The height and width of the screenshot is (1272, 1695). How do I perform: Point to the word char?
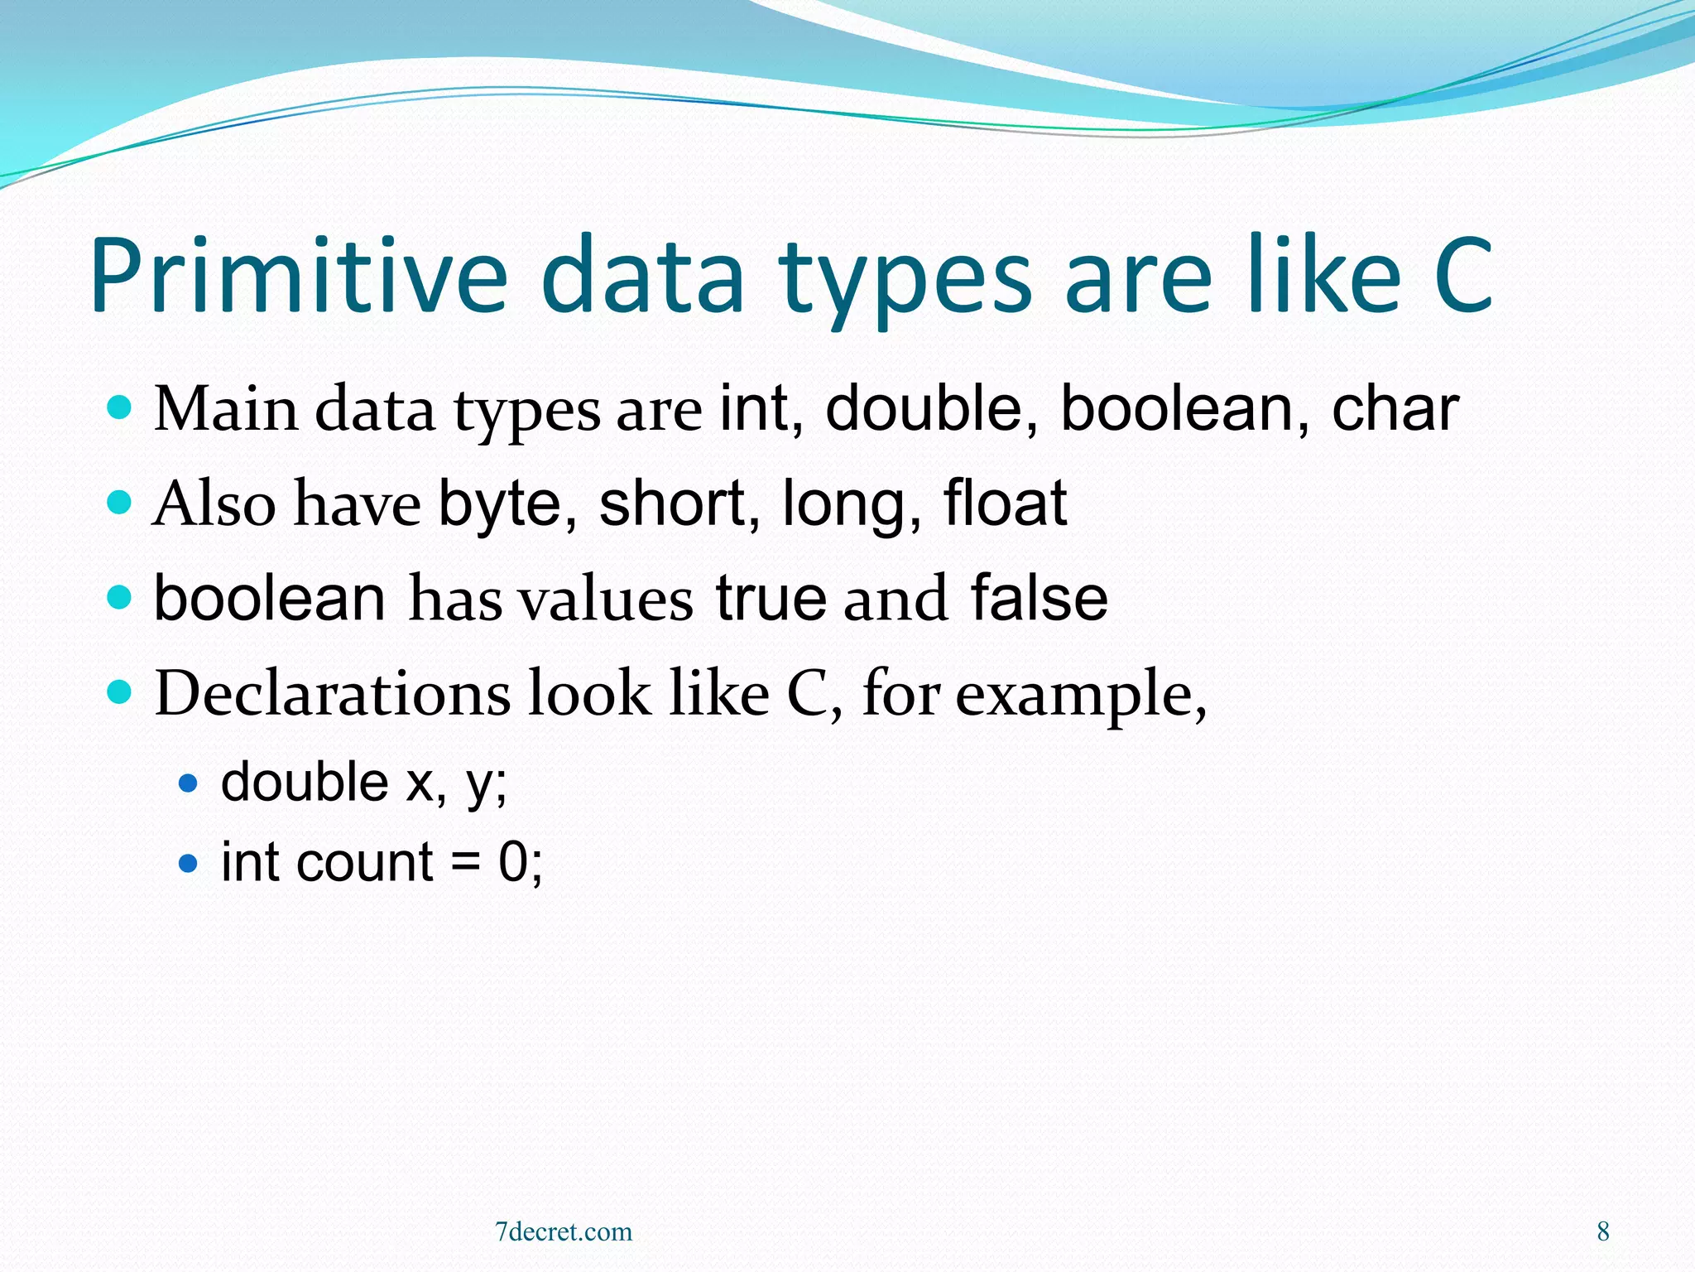click(x=1395, y=410)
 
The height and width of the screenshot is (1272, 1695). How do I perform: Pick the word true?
click(x=771, y=598)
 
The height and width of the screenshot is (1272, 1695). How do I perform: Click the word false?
click(x=1039, y=598)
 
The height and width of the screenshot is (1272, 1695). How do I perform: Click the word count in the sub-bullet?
click(x=364, y=863)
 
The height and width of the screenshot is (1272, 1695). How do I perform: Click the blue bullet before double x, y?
click(x=189, y=783)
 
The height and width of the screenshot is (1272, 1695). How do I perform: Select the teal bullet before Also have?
click(x=120, y=502)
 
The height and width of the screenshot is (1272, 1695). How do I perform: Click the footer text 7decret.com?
click(x=563, y=1231)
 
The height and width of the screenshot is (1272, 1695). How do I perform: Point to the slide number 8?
click(x=1603, y=1231)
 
